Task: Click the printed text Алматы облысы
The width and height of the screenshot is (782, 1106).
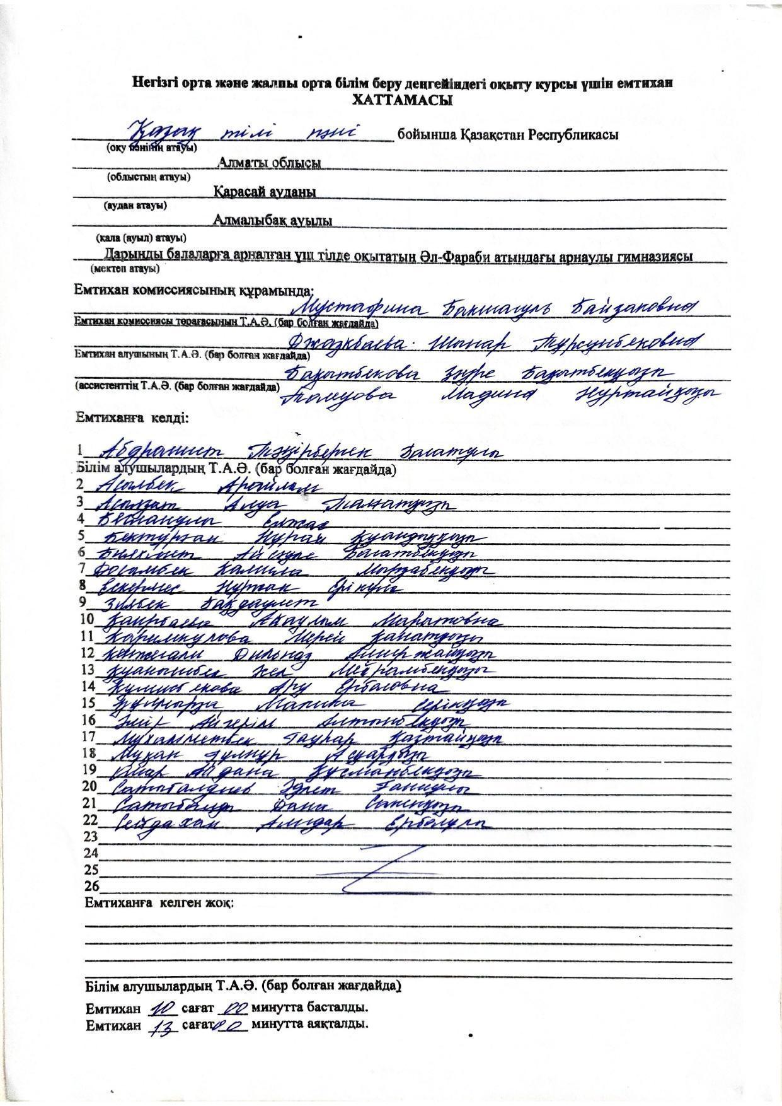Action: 269,163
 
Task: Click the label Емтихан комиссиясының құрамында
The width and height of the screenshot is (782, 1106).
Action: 193,290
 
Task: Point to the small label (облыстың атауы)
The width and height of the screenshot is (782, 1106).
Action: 149,177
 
